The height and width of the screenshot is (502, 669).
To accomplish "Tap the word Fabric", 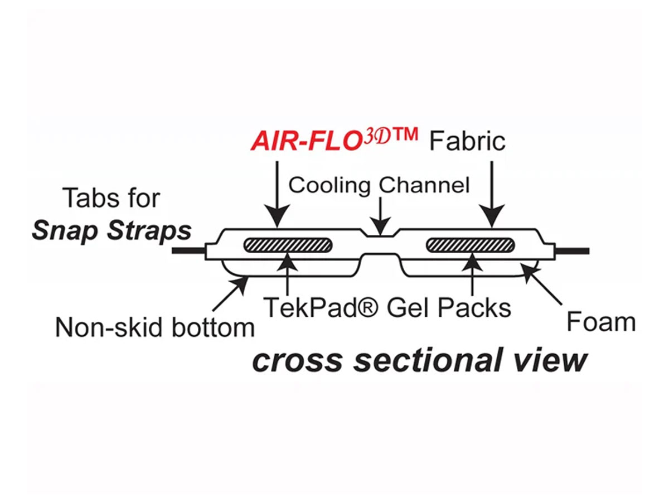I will (467, 141).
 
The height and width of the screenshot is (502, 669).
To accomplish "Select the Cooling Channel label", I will (379, 185).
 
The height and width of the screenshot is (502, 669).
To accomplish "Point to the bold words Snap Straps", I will (111, 230).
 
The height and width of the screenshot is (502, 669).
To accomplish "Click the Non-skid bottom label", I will (154, 327).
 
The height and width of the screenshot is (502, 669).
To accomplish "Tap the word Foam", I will (600, 322).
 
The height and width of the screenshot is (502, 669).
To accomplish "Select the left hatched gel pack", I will (288, 245).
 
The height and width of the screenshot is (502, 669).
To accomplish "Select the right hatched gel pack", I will (470, 245).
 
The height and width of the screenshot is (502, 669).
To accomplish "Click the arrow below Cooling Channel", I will (380, 218).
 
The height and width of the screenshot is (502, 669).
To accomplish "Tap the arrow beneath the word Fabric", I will (492, 195).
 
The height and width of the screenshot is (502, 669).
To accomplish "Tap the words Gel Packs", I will (449, 307).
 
